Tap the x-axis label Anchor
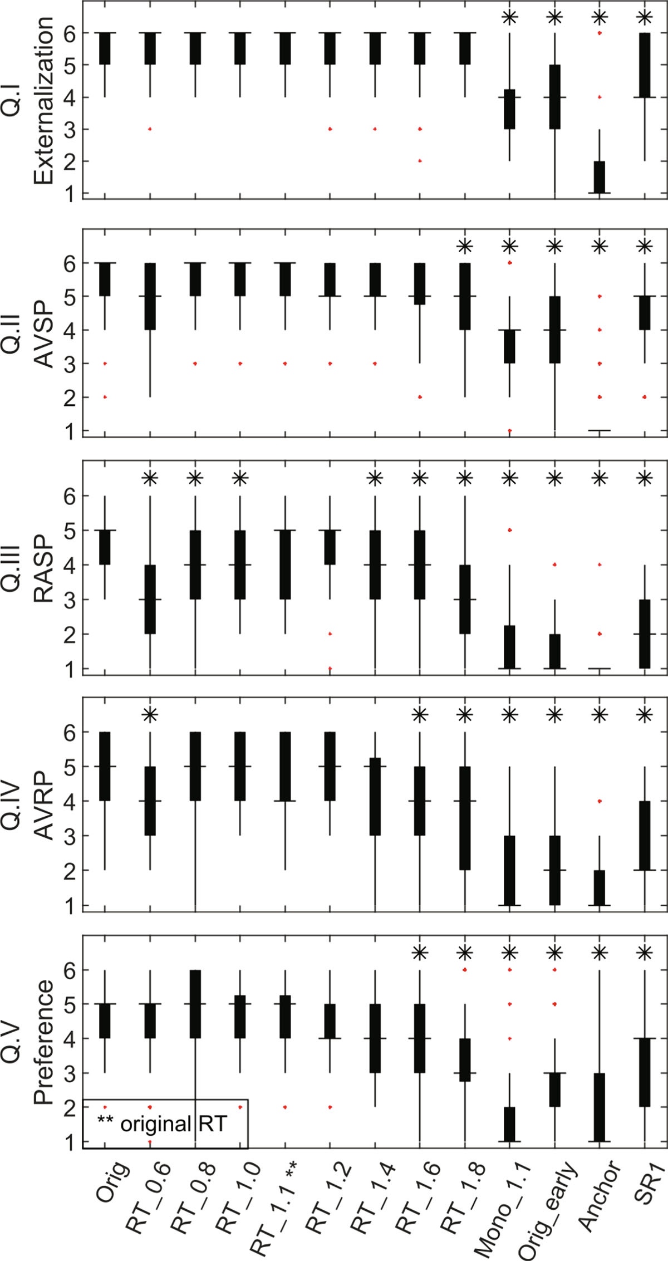599,1195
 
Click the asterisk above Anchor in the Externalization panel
600,17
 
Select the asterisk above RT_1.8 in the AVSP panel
465,246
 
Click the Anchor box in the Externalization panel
600,177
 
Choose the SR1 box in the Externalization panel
645,65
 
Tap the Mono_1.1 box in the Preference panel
510,1124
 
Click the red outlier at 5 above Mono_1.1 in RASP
510,530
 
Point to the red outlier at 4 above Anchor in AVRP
600,801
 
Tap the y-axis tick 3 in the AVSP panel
70,364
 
